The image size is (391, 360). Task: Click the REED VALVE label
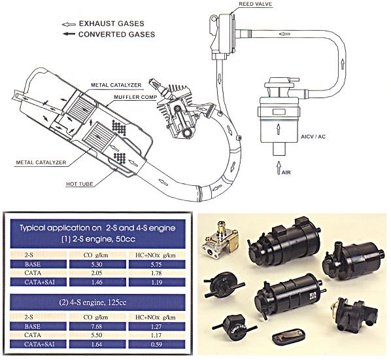tap(256, 4)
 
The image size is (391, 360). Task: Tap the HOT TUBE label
tap(80, 184)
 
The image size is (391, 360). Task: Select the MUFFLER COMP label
tap(135, 97)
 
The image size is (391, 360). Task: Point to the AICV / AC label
tap(313, 137)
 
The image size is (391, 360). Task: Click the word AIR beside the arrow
tap(286, 172)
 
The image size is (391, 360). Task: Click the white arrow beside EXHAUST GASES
tap(69, 24)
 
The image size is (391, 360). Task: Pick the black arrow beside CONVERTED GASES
tap(69, 33)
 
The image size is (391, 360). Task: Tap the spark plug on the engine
tap(158, 87)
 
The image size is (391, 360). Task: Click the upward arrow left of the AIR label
tap(279, 168)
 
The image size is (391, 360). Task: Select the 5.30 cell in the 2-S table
tap(96, 264)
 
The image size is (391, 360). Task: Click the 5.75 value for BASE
tap(156, 264)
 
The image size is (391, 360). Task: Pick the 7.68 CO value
tap(96, 327)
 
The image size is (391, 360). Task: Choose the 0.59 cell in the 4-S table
tap(156, 344)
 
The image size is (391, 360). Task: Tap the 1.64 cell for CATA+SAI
tap(96, 344)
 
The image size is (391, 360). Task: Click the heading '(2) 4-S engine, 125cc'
tap(92, 302)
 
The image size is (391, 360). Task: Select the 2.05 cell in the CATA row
tap(96, 273)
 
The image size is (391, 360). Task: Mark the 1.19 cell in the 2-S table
tap(156, 282)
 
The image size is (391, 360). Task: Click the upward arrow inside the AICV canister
tap(279, 129)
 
